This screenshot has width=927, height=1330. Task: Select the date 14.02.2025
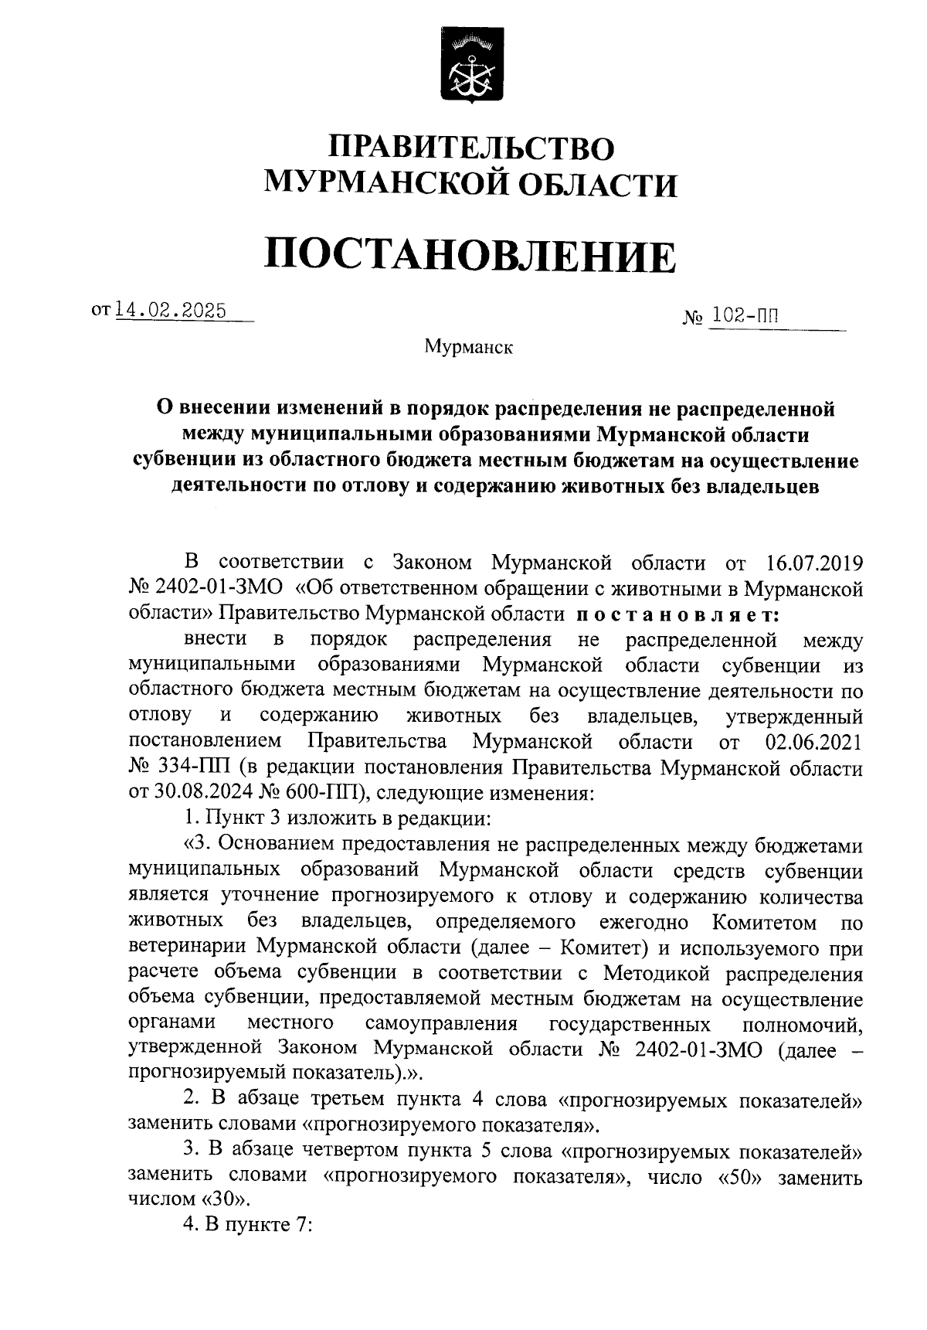(x=171, y=311)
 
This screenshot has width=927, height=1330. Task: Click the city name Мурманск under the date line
(x=469, y=349)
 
